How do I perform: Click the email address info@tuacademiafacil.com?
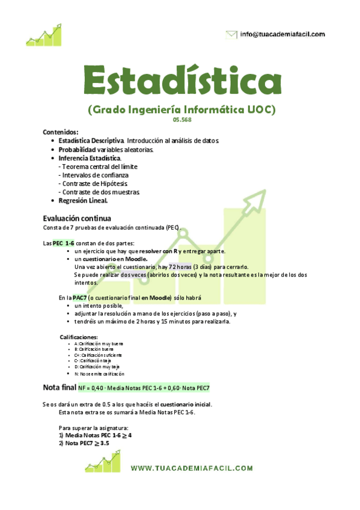282,34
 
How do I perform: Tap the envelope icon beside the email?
231,35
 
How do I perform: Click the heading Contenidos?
61,132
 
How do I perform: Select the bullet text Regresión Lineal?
83,201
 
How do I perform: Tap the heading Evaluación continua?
76,218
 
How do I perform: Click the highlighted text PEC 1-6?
63,242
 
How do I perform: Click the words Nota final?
59,387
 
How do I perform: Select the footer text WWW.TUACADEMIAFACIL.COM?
192,467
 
